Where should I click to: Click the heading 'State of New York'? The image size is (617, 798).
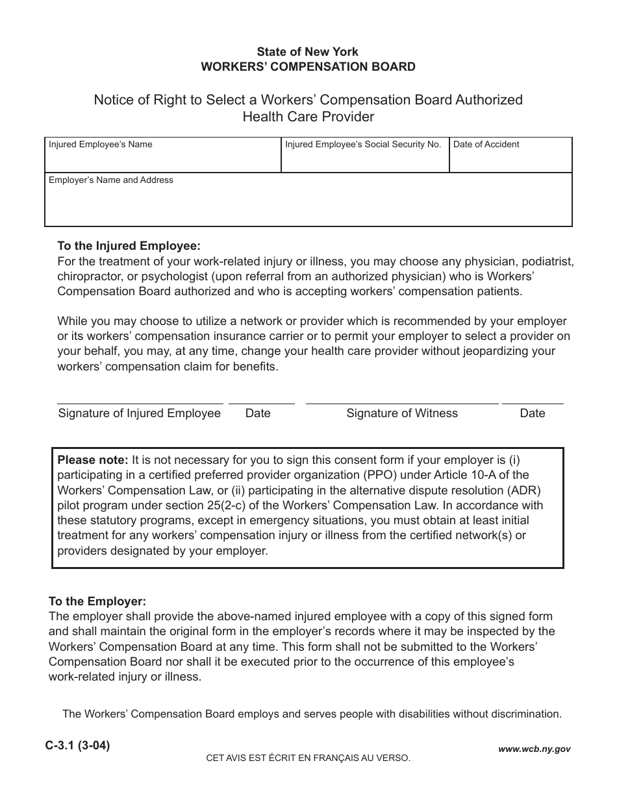tap(307, 52)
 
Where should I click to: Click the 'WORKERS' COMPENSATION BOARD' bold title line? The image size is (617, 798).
tap(308, 67)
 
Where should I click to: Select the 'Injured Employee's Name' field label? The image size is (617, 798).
tap(100, 145)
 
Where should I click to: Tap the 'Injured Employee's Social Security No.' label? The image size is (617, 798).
tap(363, 145)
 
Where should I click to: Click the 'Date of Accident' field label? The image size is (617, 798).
tap(486, 145)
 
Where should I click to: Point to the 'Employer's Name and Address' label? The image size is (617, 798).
tap(110, 180)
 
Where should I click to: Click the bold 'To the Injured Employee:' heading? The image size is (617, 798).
tap(129, 247)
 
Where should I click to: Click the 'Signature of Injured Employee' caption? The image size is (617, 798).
tap(140, 413)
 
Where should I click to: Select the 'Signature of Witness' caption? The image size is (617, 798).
tap(402, 413)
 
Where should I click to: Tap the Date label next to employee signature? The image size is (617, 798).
tap(258, 413)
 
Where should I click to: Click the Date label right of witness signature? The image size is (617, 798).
tap(533, 413)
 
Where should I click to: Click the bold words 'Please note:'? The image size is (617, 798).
tap(93, 460)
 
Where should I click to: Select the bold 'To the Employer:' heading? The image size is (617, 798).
tap(97, 601)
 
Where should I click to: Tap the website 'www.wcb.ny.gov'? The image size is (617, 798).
tap(534, 749)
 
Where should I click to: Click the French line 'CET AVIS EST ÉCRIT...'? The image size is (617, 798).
tap(308, 758)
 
